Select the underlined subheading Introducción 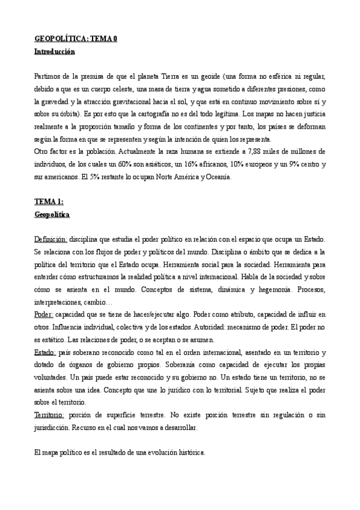click(55, 52)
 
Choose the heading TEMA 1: click(50, 201)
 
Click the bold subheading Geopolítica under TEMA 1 click(52, 214)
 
